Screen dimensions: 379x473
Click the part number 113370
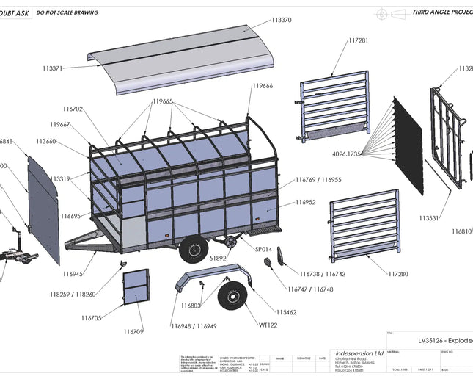point(282,20)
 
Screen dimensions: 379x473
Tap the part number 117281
point(359,41)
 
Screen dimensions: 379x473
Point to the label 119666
point(263,86)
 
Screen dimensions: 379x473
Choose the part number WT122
point(268,325)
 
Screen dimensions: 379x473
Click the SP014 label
point(263,250)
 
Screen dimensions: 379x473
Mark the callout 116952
point(305,202)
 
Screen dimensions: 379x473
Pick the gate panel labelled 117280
point(364,226)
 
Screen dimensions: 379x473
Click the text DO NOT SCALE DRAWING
point(67,12)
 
